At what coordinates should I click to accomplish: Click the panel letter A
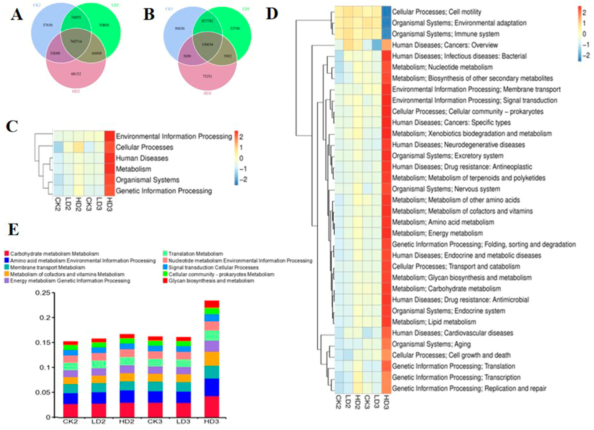[x=16, y=14]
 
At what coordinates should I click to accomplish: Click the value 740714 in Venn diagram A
[x=76, y=41]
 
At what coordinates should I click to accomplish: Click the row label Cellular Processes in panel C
[x=144, y=147]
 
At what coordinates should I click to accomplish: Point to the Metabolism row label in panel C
[x=133, y=169]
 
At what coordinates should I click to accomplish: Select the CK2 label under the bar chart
[x=70, y=422]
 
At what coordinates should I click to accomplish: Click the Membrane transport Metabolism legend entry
[x=47, y=267]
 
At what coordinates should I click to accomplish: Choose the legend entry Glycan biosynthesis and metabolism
[x=211, y=281]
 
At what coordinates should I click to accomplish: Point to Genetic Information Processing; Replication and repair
[x=469, y=389]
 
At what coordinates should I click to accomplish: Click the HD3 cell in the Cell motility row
[x=386, y=12]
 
